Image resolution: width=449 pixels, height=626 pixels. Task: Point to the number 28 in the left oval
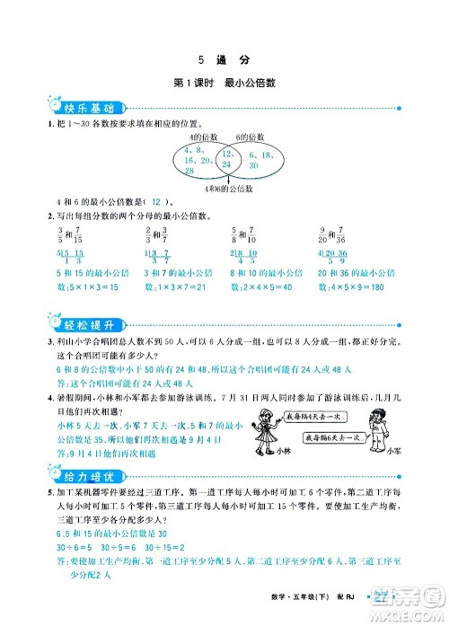[x=189, y=170]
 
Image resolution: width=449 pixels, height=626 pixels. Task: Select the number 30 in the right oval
[x=253, y=166]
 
